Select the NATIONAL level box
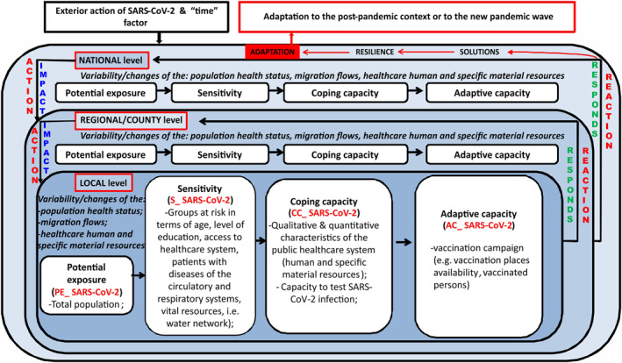(x=110, y=60)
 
